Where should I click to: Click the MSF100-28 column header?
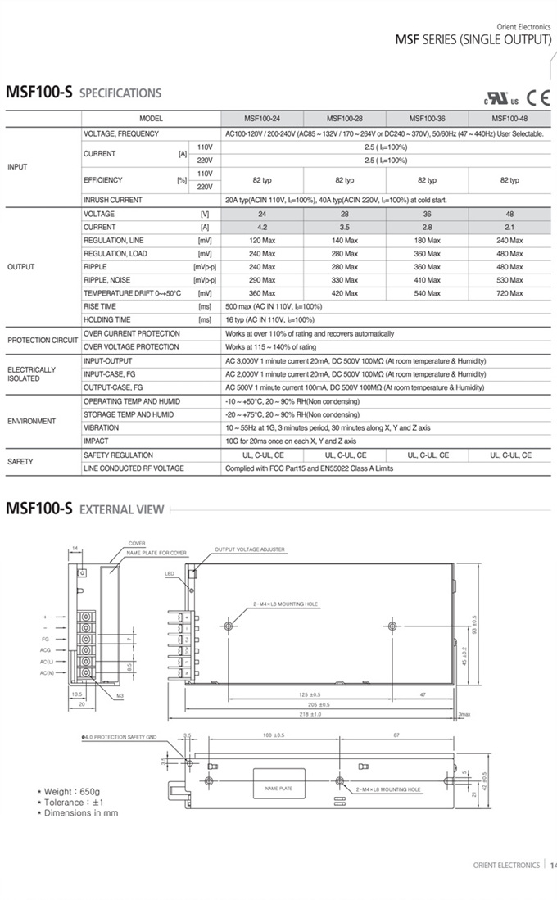pos(344,118)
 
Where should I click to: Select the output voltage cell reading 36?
pos(427,214)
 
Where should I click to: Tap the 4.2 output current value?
pos(262,227)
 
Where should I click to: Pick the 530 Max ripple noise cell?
pos(509,280)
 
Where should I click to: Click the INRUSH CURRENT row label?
pos(112,200)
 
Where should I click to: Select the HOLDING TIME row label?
pos(106,319)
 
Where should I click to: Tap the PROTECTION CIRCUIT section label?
pos(43,340)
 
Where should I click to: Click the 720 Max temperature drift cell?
pos(509,293)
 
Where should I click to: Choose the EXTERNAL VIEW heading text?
pos(121,510)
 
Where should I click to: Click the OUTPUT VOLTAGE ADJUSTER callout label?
pos(250,549)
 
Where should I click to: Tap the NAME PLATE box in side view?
pos(278,789)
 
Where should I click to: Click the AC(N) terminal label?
pos(47,672)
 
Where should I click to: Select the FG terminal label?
pos(45,638)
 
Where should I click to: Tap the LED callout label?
pos(170,573)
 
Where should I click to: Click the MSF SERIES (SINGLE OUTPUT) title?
pos(473,39)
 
